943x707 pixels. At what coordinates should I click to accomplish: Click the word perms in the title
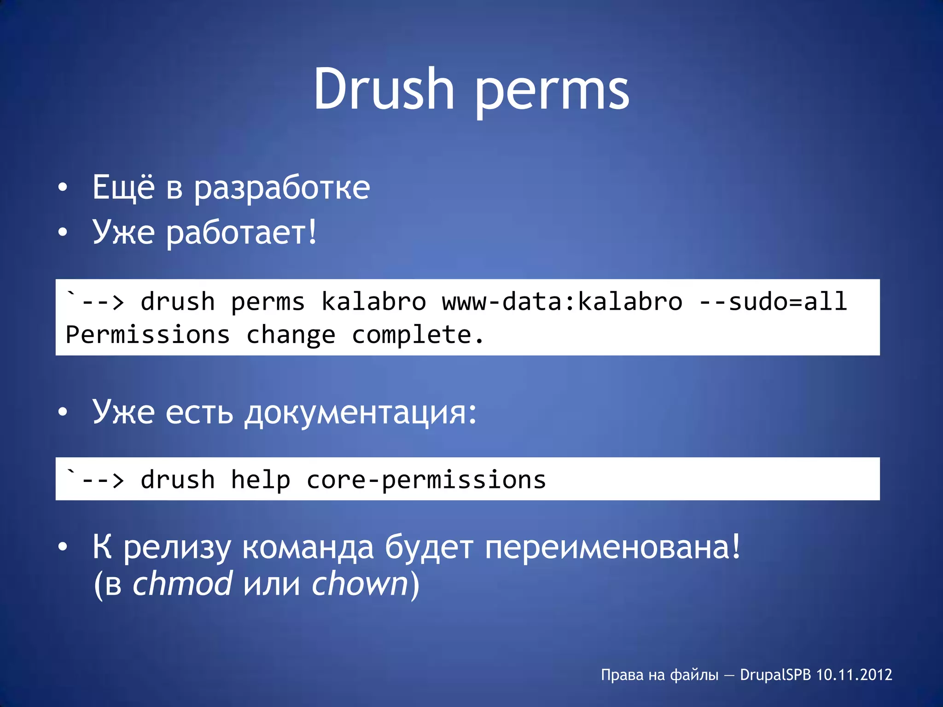(551, 92)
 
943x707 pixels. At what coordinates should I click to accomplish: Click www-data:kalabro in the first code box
(562, 302)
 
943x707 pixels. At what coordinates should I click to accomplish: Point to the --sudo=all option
(773, 302)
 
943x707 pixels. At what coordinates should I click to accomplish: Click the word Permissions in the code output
(148, 335)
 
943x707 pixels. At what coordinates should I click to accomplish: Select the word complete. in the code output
(418, 335)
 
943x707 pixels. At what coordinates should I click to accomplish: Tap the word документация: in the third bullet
(360, 412)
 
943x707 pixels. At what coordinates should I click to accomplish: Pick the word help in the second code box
(261, 480)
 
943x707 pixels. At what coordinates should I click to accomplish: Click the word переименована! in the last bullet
(612, 548)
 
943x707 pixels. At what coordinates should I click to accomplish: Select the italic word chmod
(182, 584)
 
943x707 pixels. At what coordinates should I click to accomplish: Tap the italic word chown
(360, 584)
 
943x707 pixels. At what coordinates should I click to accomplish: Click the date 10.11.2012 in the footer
(854, 675)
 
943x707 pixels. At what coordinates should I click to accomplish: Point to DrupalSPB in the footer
(775, 675)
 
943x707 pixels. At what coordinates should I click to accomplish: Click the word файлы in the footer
(694, 675)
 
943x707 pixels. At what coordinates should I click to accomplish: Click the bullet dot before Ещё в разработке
(63, 188)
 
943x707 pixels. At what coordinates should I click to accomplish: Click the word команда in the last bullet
(308, 548)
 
